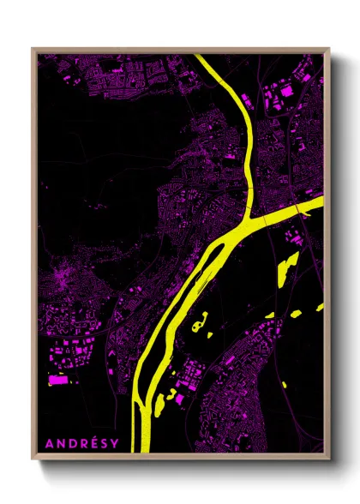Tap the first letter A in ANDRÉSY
[49, 443]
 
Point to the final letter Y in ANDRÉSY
[113, 443]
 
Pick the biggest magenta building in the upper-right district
[285, 90]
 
